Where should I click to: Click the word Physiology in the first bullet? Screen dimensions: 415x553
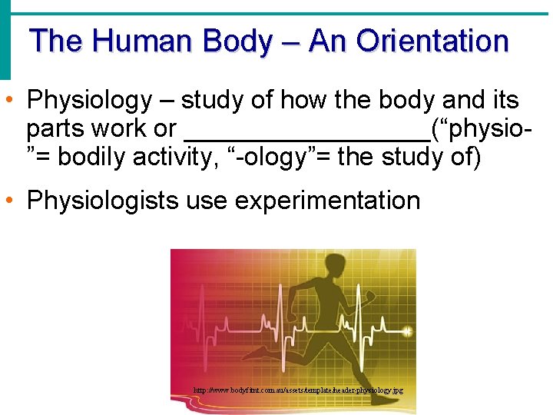pyautogui.click(x=90, y=100)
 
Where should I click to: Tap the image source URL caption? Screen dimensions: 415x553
pyautogui.click(x=299, y=391)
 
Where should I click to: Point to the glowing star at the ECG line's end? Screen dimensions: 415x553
pyautogui.click(x=407, y=332)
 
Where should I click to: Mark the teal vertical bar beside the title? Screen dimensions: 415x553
pyautogui.click(x=5, y=38)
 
